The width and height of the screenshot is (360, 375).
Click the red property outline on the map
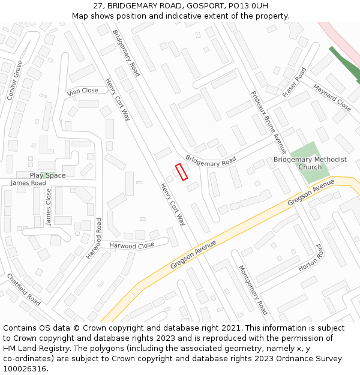coord(181,172)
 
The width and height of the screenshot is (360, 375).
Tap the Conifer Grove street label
coord(14,80)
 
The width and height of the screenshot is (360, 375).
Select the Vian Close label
coord(83,91)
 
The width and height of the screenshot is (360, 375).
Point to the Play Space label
coord(47,175)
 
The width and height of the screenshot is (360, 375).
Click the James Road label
coord(28,183)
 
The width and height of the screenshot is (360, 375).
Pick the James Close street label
coord(49,207)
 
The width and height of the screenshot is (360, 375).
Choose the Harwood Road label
coord(94,238)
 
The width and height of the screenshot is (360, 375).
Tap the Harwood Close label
coord(131,245)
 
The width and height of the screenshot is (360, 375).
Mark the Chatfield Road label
coord(23,289)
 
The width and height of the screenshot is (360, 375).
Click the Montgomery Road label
coord(253,290)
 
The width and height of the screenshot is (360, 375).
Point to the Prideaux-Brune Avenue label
coord(269,122)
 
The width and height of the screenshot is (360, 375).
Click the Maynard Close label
coord(332,97)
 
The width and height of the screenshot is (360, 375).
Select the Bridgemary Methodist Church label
coord(310,163)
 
